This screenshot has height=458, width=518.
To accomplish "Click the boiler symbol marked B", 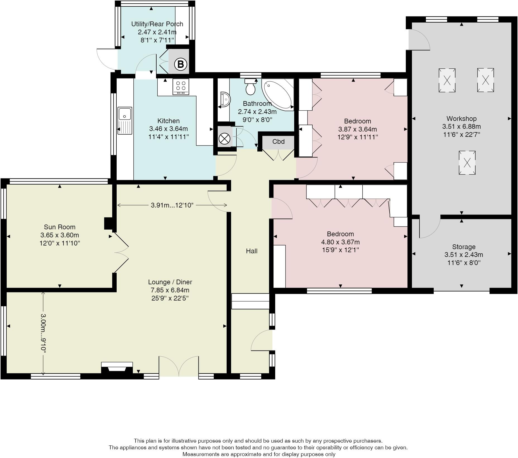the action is [181, 65].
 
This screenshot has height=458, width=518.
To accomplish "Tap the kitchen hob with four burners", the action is [181, 87].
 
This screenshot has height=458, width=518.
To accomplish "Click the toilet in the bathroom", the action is [251, 86].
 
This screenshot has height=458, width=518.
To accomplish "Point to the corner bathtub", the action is [278, 94].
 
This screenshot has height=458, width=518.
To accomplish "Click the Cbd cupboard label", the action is [278, 142].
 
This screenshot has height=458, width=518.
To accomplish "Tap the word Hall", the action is [251, 251].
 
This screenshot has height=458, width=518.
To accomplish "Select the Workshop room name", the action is [461, 119].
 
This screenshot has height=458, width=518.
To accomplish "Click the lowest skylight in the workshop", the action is [467, 163].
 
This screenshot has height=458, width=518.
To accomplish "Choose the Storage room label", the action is [464, 247].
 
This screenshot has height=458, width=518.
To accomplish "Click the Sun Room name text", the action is [60, 227].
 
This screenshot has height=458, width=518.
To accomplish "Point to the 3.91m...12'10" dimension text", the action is [172, 205].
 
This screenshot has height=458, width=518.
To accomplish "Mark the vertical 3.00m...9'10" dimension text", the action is [43, 333].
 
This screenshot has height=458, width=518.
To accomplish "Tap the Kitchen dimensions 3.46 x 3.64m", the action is [169, 129].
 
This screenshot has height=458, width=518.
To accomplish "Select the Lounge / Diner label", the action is [170, 282].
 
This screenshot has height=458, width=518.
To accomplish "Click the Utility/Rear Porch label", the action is [157, 24].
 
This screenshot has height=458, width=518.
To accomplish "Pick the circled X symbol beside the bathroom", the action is [225, 139].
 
